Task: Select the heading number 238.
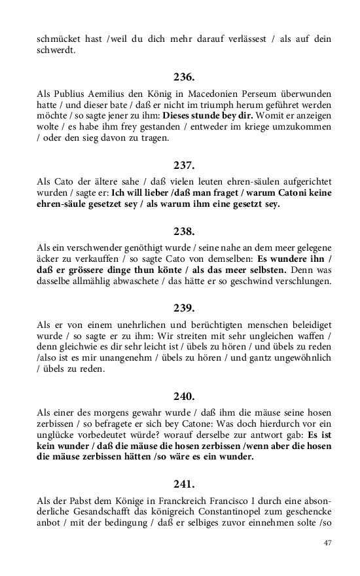click(x=183, y=231)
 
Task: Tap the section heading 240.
click(x=183, y=396)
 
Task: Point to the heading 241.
click(x=183, y=484)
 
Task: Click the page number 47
click(x=328, y=543)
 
